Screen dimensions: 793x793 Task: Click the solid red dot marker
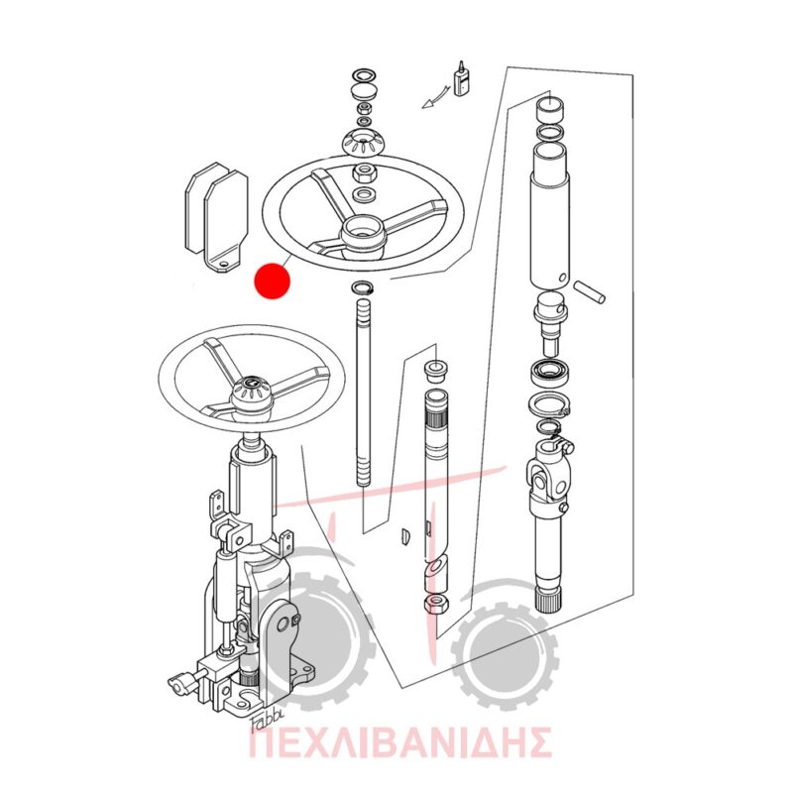272,281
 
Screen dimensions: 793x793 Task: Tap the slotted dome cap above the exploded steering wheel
363,142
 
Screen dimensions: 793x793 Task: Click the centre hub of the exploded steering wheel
362,232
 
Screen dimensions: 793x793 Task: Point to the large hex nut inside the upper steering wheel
363,173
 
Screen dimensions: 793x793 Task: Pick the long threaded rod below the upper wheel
363,393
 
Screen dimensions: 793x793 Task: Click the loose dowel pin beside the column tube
589,292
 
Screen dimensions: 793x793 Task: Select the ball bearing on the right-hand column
551,373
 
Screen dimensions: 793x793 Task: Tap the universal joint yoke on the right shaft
549,477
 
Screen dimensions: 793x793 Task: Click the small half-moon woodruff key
404,536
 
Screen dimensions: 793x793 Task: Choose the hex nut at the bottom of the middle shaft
435,604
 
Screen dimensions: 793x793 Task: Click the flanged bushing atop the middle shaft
434,373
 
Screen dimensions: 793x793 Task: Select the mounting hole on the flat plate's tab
225,265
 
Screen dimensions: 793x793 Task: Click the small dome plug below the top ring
363,92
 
